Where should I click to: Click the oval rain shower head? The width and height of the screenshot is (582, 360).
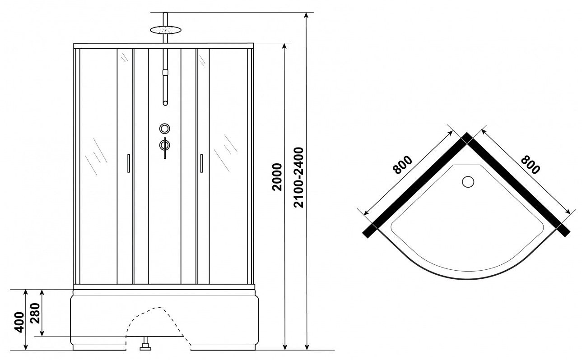166,30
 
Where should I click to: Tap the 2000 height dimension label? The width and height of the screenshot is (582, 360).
277,177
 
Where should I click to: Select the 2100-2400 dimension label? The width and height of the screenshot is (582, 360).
298,178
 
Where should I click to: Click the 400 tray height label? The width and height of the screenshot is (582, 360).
19,322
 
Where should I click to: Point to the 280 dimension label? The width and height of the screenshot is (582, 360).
35,313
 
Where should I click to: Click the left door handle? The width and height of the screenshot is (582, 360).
128,163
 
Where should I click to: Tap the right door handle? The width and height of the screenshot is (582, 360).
201,163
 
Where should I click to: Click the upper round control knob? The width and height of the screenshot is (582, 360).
164,129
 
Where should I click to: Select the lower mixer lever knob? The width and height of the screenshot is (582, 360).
165,146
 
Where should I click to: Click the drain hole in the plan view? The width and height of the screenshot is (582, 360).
468,182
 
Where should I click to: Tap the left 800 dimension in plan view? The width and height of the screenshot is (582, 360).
402,165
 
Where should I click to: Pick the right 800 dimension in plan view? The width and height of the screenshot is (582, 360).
531,164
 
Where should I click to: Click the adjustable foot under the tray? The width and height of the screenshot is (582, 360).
145,344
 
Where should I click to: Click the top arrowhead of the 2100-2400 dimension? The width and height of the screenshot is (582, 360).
307,15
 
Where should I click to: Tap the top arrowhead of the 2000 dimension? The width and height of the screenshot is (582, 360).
284,46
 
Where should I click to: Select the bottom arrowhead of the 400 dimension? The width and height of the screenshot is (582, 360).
25,347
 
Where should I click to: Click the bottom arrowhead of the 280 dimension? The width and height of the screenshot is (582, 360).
42,333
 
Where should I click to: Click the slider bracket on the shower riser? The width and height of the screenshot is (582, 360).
165,72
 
